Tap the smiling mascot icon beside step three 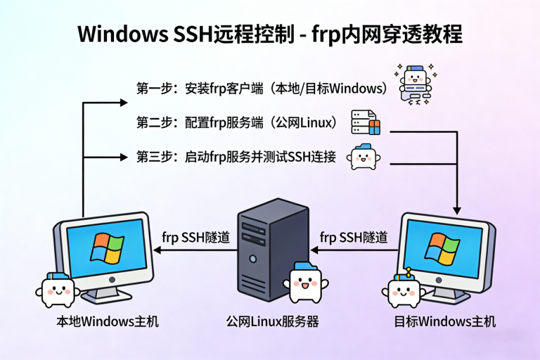coord(362,156)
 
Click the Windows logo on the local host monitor coord(106,248)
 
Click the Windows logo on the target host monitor coord(442,248)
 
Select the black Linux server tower coord(271,246)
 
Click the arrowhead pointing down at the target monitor coord(458,208)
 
